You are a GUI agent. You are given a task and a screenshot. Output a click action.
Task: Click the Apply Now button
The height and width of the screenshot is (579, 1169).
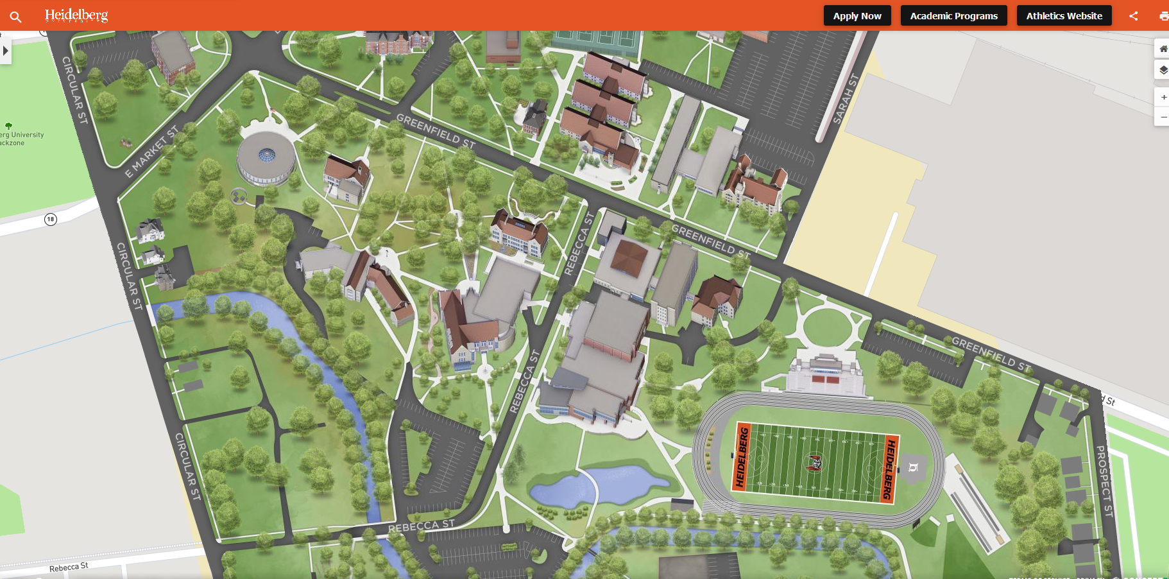857,16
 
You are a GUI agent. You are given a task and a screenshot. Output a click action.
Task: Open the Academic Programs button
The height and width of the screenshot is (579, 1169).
953,16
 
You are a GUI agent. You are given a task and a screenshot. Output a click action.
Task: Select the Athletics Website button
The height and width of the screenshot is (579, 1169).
1064,16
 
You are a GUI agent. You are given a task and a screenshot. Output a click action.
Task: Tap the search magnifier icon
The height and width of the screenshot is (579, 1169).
16,17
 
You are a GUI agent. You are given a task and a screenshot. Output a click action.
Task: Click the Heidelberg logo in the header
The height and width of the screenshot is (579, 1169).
76,15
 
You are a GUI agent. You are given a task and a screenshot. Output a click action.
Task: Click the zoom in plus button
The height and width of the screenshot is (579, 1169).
1163,98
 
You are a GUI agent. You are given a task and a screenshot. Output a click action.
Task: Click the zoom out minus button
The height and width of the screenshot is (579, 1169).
1163,117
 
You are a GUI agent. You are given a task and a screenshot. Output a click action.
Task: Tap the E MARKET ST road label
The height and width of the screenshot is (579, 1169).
151,152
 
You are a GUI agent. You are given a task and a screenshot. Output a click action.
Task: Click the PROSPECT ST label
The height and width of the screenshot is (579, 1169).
1104,481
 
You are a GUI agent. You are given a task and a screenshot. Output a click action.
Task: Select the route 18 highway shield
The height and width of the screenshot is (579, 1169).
51,220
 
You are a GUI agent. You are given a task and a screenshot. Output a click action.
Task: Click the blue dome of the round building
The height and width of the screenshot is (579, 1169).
266,154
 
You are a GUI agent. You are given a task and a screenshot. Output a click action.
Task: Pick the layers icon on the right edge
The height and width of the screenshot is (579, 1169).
1163,69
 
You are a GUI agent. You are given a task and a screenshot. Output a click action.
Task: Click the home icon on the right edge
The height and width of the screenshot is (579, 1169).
1163,49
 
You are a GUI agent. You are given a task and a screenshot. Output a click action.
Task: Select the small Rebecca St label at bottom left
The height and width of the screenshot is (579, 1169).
69,567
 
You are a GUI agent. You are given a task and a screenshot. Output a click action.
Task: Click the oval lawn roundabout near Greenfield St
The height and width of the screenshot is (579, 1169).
827,327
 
